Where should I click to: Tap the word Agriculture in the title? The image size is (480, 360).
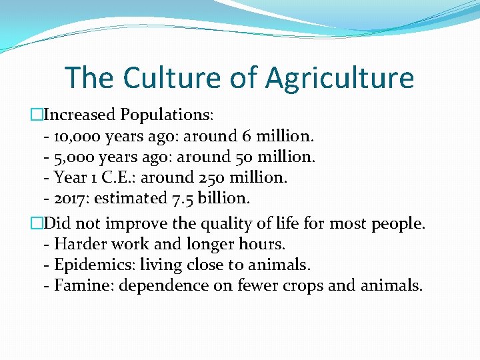tap(339, 77)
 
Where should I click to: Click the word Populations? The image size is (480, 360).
tap(167, 115)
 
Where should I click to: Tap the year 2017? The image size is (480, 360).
tap(69, 198)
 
